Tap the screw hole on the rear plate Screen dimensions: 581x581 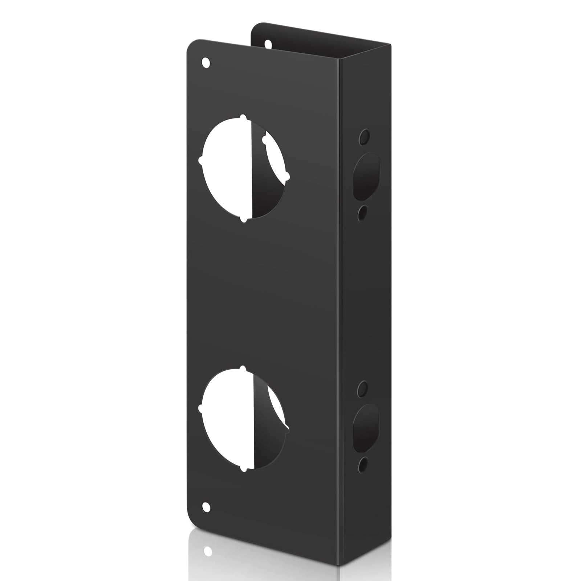click(x=268, y=44)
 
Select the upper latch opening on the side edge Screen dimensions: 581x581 click(x=365, y=176)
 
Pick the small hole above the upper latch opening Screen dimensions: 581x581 click(x=363, y=137)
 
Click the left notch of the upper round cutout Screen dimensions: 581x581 click(x=201, y=160)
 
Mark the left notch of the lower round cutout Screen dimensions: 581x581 click(x=201, y=409)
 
